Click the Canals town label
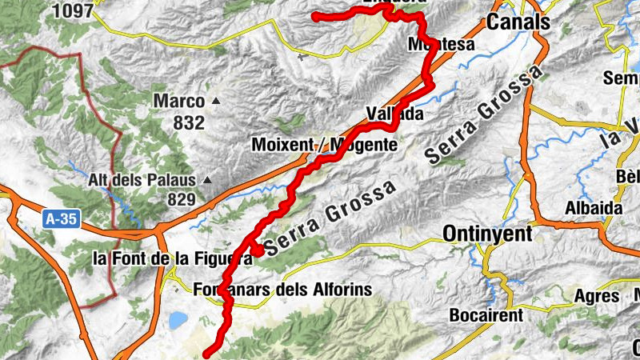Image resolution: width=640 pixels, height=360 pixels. click(518, 22)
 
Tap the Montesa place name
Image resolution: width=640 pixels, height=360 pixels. click(441, 44)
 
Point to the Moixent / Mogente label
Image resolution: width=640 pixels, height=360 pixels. click(323, 145)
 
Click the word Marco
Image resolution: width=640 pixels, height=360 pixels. click(179, 102)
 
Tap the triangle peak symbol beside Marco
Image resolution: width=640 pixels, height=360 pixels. click(216, 102)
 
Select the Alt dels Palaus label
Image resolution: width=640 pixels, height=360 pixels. click(144, 180)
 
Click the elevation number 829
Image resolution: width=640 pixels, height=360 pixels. click(182, 199)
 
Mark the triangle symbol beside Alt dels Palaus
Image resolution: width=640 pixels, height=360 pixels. click(208, 180)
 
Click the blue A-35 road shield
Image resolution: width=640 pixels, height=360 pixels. click(59, 218)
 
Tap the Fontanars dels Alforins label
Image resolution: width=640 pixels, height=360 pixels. click(283, 289)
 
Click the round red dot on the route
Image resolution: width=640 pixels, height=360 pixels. click(258, 250)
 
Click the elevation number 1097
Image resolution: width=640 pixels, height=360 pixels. click(74, 10)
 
